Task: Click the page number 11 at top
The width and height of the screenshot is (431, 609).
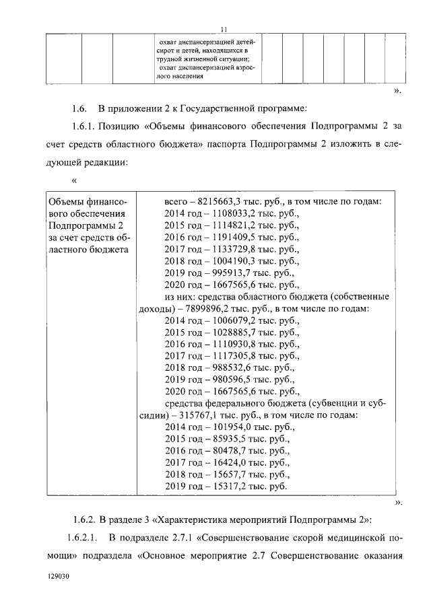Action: [x=224, y=28]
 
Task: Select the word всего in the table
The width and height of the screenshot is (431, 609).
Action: [x=178, y=201]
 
